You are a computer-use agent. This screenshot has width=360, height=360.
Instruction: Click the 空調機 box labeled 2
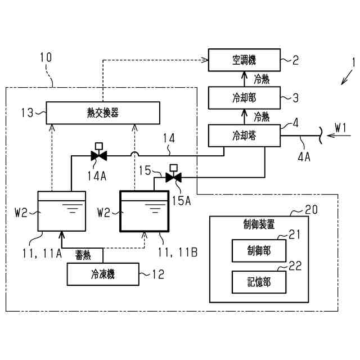coord(244,60)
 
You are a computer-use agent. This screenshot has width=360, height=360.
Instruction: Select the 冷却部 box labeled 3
coord(244,98)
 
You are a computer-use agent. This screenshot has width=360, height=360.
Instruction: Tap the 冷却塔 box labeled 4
coord(244,136)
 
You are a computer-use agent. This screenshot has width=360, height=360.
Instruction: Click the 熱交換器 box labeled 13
coord(103,112)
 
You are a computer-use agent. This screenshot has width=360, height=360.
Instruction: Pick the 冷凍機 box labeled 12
coord(103,274)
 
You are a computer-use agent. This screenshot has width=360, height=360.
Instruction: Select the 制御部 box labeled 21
coord(259,250)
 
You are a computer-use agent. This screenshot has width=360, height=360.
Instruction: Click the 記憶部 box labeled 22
coord(259,282)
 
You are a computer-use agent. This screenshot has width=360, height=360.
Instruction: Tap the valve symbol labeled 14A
coord(99,156)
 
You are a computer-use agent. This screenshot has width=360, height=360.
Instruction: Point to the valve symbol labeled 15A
coord(174,177)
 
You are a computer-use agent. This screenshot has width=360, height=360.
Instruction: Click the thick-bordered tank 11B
coord(145,211)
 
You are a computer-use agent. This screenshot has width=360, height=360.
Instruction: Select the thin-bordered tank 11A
coord(62,211)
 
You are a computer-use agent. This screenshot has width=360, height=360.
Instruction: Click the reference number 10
coord(46,57)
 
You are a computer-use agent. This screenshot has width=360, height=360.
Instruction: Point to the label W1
coord(340,128)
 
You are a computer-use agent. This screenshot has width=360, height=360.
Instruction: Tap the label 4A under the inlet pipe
coord(304,157)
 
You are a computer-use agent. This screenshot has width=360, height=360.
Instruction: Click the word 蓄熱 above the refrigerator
coord(83,255)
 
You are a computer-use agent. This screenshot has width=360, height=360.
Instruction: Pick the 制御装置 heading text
coord(259,224)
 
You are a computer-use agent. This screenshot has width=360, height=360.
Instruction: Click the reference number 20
coord(311,210)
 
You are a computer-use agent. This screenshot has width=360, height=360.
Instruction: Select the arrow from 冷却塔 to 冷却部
coord(244,117)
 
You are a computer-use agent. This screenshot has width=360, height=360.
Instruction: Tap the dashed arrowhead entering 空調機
coord(205,60)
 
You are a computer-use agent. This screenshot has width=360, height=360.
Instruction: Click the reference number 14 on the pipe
coord(169,138)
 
